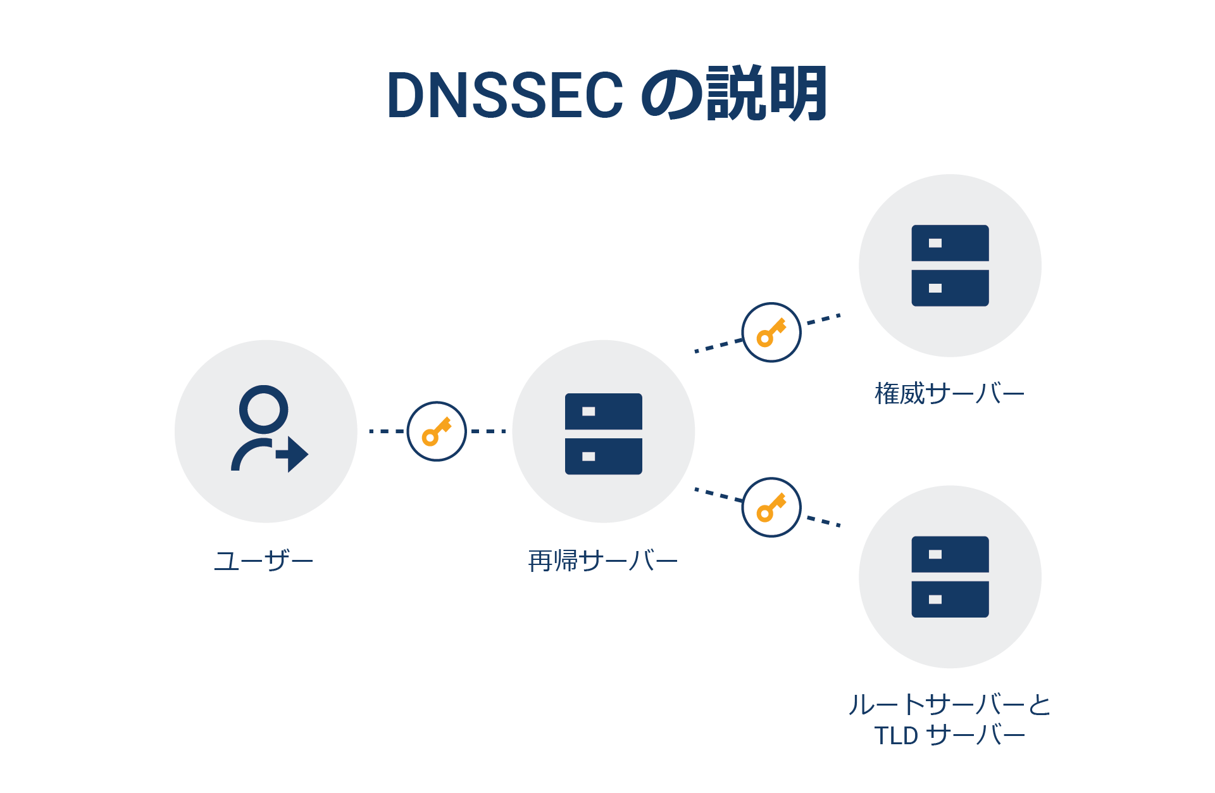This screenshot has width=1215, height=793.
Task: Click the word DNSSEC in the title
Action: pyautogui.click(x=505, y=96)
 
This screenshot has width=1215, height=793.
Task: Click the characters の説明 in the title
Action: pyautogui.click(x=734, y=94)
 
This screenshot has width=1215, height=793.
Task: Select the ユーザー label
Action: pyautogui.click(x=263, y=561)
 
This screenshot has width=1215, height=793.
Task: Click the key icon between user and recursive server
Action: pyautogui.click(x=437, y=431)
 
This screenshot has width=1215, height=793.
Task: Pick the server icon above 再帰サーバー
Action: pyautogui.click(x=603, y=434)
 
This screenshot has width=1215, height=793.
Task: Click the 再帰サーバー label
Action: pyautogui.click(x=602, y=561)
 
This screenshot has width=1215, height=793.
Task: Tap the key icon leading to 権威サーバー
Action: pyautogui.click(x=771, y=333)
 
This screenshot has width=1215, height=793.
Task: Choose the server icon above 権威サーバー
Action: pyautogui.click(x=950, y=265)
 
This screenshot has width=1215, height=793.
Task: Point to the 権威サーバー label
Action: pyautogui.click(x=949, y=394)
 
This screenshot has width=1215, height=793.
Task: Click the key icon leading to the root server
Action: pyautogui.click(x=771, y=507)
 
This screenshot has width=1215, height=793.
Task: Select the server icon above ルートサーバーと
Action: pyautogui.click(x=950, y=576)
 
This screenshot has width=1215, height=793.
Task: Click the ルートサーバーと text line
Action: pyautogui.click(x=949, y=705)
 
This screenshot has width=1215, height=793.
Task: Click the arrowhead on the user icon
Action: pyautogui.click(x=296, y=454)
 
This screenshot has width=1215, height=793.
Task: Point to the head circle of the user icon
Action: pyautogui.click(x=263, y=409)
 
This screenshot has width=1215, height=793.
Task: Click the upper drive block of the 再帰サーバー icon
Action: pyautogui.click(x=603, y=412)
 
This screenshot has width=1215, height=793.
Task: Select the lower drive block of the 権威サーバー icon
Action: pyautogui.click(x=950, y=288)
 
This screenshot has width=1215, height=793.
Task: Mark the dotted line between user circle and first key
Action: pyautogui.click(x=386, y=431)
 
